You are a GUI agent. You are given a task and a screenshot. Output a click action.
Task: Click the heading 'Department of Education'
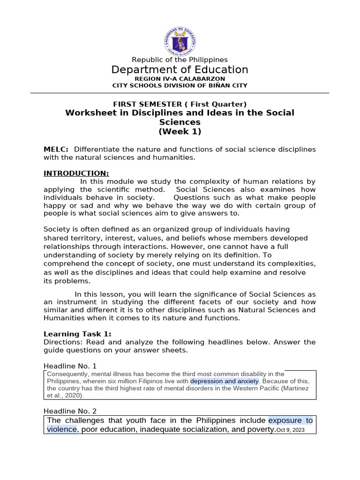tap(180, 70)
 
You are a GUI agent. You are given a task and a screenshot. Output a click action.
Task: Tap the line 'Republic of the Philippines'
tap(180, 60)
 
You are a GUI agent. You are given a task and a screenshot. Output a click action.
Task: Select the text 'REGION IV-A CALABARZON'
tap(180, 79)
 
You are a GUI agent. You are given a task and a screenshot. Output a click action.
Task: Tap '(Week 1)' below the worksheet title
tap(180, 131)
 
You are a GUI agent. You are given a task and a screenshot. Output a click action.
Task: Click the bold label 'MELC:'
tap(56, 149)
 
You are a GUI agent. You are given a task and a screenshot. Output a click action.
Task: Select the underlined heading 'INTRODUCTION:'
tap(76, 173)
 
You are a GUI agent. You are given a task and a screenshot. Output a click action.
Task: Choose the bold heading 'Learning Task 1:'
tap(77, 334)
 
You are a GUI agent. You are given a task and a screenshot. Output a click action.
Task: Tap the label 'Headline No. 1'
tap(70, 366)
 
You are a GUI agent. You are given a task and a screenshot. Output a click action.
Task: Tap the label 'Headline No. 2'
tap(70, 411)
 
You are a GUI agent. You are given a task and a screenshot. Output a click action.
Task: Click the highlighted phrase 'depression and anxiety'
tap(224, 381)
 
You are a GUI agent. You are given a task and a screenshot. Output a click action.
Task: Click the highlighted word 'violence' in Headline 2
tap(61, 429)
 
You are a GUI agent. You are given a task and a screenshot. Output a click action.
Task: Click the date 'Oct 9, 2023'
tap(291, 430)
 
